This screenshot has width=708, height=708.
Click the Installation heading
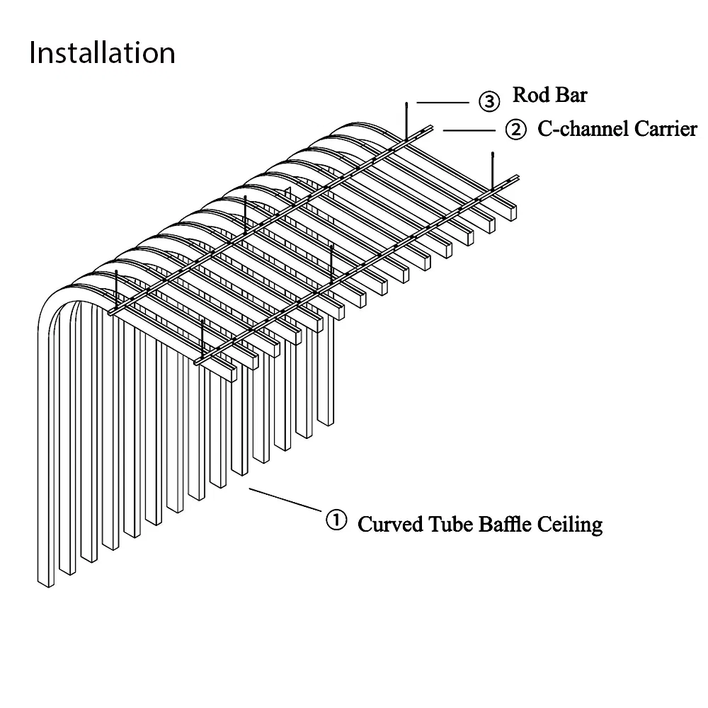tap(102, 53)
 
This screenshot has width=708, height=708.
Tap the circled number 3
tap(489, 101)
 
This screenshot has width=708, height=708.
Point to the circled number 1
tap(336, 520)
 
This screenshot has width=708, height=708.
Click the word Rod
tap(528, 95)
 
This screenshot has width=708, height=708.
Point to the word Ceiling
tap(571, 525)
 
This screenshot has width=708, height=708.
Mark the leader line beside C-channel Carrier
tap(469, 130)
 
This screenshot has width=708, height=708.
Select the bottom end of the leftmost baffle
tap(46, 582)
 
